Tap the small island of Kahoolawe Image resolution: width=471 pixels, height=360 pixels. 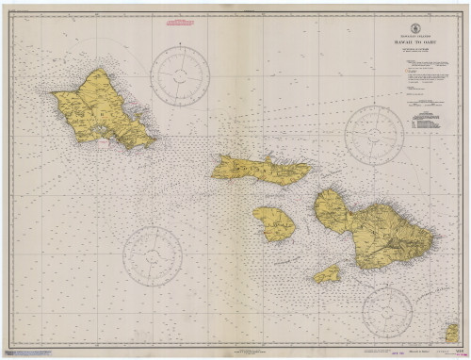(x=327, y=273)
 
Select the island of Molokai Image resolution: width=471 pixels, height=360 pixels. (x=260, y=169)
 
